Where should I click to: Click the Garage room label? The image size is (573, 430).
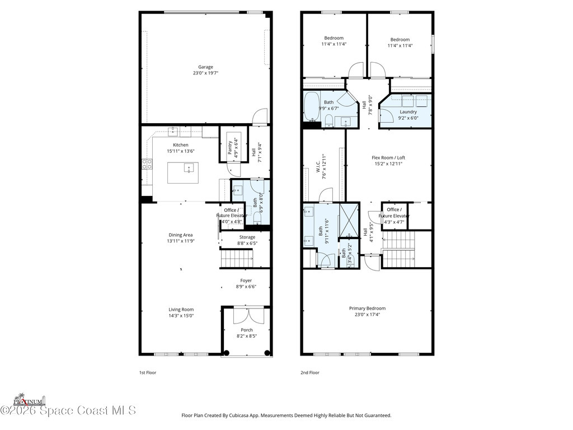[x=205, y=67]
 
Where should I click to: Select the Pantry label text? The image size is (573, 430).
[x=230, y=148]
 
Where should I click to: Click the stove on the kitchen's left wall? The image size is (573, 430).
[x=147, y=164]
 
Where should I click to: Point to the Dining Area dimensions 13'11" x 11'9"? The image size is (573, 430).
[x=181, y=241]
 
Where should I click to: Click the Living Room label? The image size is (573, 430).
[x=181, y=309]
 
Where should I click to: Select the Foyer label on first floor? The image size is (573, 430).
[x=246, y=281]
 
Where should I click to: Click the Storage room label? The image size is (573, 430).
[x=247, y=237]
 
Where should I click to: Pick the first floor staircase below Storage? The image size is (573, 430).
[x=238, y=259]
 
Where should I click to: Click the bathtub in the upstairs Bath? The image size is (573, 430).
[x=311, y=106]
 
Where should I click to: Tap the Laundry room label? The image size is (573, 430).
[x=408, y=111]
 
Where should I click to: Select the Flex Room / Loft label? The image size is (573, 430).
[x=388, y=157]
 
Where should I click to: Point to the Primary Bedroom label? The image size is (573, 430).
[x=367, y=308]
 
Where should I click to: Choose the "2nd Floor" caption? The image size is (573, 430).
[x=309, y=372]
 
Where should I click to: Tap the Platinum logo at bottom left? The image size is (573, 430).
[x=29, y=400]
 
